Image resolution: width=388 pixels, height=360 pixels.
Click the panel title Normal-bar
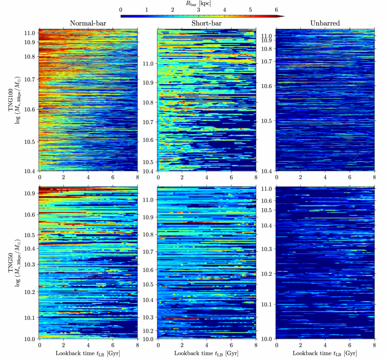coord(88,24)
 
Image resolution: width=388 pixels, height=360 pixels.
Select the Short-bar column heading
coord(207,24)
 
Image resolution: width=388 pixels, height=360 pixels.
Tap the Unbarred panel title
coord(325,24)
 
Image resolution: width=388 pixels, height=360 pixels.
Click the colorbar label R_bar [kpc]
coord(199,3)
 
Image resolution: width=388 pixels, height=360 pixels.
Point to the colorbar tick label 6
coord(276,10)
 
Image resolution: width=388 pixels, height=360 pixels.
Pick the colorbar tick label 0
coord(121,10)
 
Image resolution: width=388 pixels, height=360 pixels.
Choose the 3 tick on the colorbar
coord(199,10)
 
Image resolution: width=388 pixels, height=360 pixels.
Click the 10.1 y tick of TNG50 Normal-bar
coord(30,318)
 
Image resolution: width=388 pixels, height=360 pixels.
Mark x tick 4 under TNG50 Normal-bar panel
coord(88,344)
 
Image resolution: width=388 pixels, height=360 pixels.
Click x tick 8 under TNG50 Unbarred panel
coord(374,344)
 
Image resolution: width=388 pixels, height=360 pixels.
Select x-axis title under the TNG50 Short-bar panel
coord(207,353)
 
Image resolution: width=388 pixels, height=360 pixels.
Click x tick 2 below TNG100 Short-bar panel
coord(182,177)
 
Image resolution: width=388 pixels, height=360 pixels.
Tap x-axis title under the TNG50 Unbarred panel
coord(325,353)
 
